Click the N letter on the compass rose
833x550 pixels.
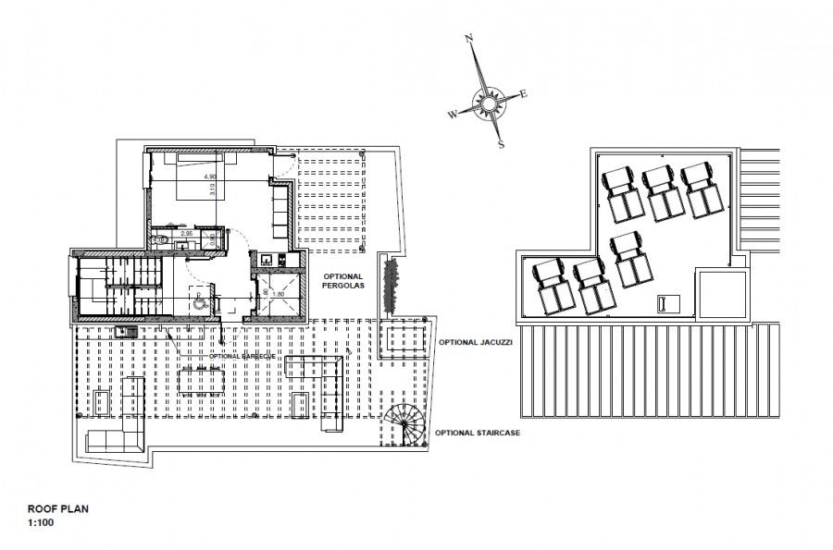(469, 38)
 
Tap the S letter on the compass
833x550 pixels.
(501, 144)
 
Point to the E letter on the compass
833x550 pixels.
(524, 93)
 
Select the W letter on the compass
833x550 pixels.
(452, 115)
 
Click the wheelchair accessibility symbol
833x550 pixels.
(198, 299)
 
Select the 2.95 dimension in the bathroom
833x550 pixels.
(186, 234)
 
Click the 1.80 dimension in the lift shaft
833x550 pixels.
(277, 294)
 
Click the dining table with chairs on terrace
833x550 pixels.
(203, 379)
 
